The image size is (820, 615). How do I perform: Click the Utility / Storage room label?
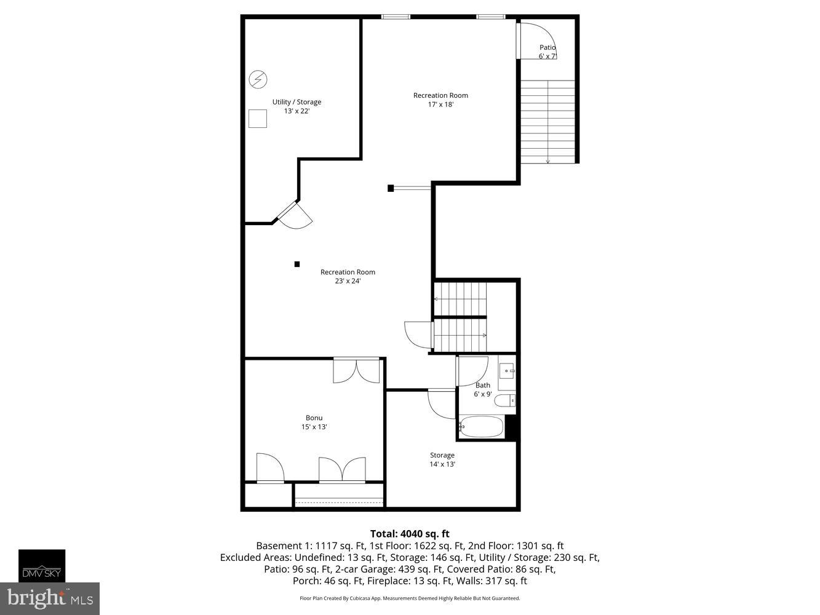click(297, 102)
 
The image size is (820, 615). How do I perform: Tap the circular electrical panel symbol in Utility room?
click(258, 79)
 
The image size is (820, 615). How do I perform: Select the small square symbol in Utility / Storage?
click(258, 119)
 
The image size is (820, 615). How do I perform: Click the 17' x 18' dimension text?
click(440, 105)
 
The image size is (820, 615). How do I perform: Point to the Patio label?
click(547, 47)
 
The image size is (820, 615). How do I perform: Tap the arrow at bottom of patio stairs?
click(548, 161)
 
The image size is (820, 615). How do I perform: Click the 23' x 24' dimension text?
click(348, 281)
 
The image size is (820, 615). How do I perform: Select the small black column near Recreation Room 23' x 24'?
click(297, 264)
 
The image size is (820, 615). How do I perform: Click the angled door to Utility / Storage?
click(295, 215)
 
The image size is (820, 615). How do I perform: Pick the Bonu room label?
click(314, 418)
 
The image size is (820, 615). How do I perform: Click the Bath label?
click(483, 386)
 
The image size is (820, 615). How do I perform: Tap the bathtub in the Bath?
click(481, 427)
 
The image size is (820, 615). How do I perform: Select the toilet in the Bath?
click(505, 402)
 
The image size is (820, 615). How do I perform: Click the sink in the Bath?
click(506, 371)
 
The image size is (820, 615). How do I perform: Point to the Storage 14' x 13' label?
click(442, 459)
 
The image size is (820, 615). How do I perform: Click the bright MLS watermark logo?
click(50, 598)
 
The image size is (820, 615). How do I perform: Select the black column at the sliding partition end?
click(391, 188)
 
